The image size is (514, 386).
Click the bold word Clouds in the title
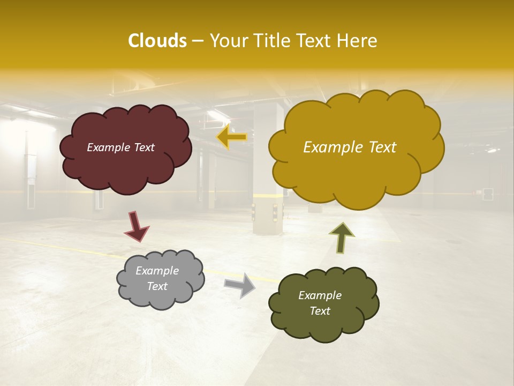157,41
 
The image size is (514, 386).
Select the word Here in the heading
358,41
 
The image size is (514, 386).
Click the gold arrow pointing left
231,137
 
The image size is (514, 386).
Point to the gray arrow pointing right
240,285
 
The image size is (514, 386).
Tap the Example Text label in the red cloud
120,147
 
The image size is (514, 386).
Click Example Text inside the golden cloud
350,147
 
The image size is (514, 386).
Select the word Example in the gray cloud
157,271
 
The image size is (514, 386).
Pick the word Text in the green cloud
320,311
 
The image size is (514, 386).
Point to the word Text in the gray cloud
157,286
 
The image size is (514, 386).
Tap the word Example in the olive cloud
320,295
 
